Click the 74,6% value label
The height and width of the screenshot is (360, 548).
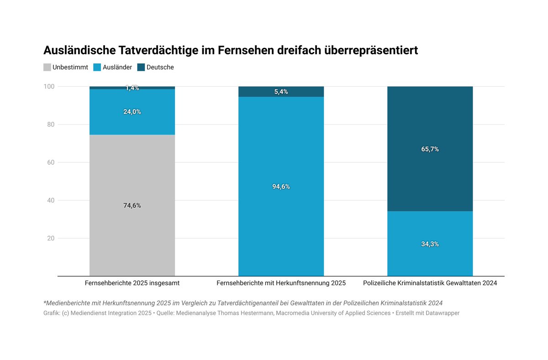(132, 205)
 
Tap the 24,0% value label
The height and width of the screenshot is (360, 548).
(132, 112)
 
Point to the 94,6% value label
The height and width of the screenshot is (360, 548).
(281, 187)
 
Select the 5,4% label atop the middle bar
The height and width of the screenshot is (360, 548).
(281, 92)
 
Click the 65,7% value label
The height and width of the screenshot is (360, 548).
(430, 149)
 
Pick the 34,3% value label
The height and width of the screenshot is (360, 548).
(430, 244)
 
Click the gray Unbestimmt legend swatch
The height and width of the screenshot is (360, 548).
(47, 67)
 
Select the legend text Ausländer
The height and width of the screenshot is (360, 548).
(117, 67)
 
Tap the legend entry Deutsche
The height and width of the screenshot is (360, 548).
(160, 67)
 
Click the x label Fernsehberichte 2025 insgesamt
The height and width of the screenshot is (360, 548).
(132, 283)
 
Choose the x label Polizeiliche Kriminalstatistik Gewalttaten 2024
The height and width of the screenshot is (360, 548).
(430, 283)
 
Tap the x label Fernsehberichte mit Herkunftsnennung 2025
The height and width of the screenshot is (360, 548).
(281, 283)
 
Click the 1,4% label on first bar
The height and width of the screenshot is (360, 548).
(132, 88)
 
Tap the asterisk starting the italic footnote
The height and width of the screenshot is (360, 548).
(45, 303)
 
